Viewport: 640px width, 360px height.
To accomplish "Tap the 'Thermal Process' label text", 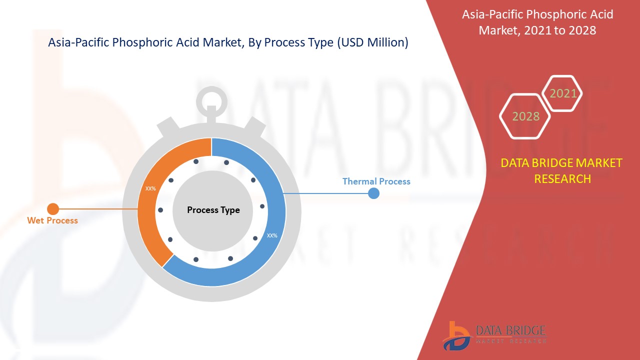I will click(x=376, y=181).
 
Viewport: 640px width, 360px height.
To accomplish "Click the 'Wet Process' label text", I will click(x=52, y=220).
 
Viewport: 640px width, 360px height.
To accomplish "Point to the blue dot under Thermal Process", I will click(x=373, y=193).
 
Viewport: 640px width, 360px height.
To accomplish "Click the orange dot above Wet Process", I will click(x=53, y=208).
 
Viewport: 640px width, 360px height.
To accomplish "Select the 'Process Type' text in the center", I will click(x=213, y=210).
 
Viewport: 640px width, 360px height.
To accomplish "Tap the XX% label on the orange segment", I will click(x=150, y=189).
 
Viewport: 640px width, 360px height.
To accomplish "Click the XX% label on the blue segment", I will click(x=272, y=235).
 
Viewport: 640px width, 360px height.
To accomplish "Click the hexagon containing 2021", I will click(x=563, y=93).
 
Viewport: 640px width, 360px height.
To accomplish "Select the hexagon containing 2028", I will click(x=525, y=116).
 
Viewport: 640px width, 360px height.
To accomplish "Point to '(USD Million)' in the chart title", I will click(x=372, y=43).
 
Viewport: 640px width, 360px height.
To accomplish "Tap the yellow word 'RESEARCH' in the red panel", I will click(x=562, y=178).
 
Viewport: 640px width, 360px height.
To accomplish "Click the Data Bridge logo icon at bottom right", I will click(x=456, y=335).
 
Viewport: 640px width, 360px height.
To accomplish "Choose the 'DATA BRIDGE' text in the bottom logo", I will click(x=510, y=330).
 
